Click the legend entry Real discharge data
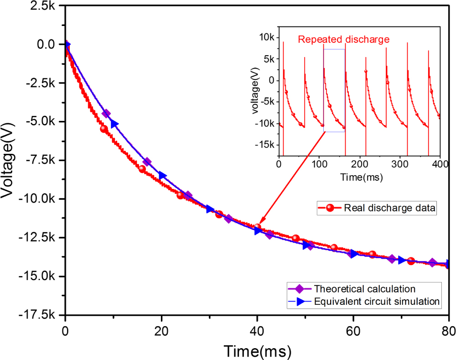pyautogui.click(x=390, y=209)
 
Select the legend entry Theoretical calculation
pyautogui.click(x=364, y=289)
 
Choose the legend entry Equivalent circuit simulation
pyautogui.click(x=376, y=301)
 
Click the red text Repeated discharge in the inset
pyautogui.click(x=344, y=39)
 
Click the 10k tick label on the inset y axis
pyautogui.click(x=268, y=37)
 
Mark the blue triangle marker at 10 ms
pyautogui.click(x=114, y=124)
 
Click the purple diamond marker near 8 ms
pyautogui.click(x=106, y=114)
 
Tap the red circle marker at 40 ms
pyautogui.click(x=257, y=227)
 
